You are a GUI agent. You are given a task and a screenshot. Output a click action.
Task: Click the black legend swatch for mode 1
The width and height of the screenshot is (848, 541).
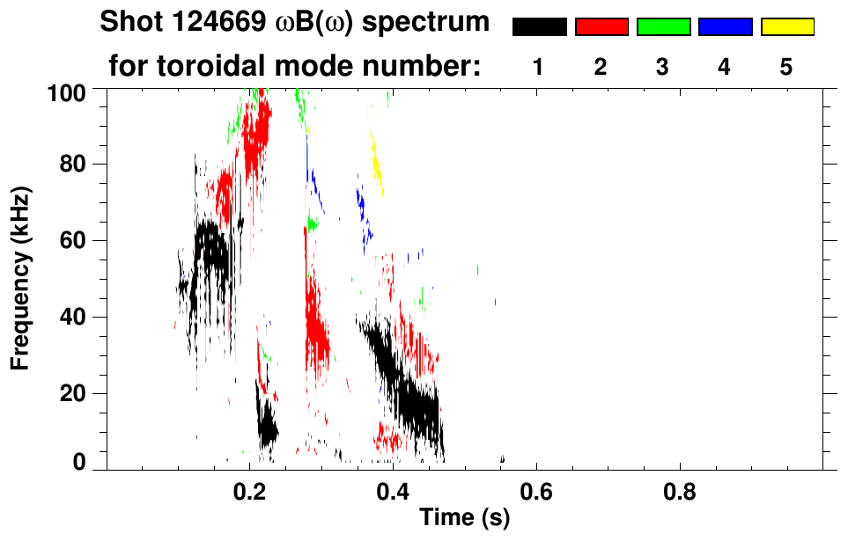coord(539,27)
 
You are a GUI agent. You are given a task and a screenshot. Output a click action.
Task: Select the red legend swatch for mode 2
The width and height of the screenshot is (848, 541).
coord(601,27)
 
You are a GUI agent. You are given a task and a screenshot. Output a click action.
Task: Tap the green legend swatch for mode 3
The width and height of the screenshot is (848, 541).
coord(663,27)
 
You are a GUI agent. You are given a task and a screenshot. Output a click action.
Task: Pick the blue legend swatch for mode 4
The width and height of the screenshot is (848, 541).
coord(725,27)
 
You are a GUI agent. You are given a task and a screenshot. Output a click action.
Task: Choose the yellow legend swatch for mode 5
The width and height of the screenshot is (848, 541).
coord(786,27)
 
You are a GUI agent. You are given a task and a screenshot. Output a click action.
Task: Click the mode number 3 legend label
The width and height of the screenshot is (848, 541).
coord(663,68)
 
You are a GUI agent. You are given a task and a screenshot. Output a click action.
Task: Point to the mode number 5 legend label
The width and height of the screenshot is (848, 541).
coord(786,68)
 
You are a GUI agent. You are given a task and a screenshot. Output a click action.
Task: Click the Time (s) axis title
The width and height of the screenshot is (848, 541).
coord(464,518)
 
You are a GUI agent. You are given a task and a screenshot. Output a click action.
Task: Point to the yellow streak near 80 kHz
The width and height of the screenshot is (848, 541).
coord(377,162)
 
